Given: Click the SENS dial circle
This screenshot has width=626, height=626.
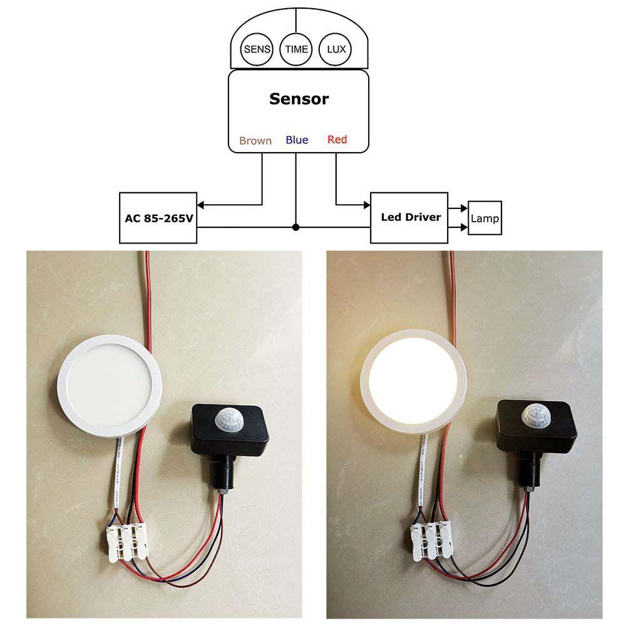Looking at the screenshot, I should (257, 49).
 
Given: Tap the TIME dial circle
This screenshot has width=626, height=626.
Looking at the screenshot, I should (296, 49).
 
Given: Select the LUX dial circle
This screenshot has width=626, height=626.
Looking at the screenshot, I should (336, 49).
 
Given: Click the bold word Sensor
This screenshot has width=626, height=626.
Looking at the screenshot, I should (299, 99).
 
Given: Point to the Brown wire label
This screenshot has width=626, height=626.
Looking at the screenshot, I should (255, 141).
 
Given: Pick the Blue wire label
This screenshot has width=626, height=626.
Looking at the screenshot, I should (297, 140).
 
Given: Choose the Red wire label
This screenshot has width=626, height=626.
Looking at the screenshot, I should (337, 140).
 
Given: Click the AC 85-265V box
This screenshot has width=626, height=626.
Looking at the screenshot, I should (158, 218).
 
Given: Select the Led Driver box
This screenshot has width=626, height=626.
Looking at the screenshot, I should (410, 218).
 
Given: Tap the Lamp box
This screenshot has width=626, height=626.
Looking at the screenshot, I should (485, 218).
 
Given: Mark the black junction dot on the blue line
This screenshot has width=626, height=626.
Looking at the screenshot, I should (296, 227).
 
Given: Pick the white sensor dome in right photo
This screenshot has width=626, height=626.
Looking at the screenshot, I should (533, 414).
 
